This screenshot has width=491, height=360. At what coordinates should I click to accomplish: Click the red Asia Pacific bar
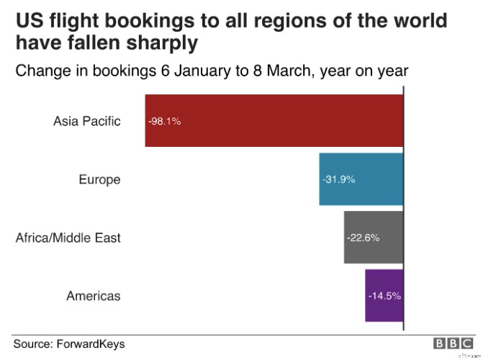point(274,120)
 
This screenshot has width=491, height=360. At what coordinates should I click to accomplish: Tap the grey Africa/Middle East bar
point(373,237)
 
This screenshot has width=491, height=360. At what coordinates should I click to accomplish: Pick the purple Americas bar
point(384,295)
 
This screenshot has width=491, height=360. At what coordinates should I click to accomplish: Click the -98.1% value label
point(165,121)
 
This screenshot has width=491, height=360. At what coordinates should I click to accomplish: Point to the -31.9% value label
point(339,179)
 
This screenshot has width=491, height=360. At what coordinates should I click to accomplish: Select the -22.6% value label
point(363,238)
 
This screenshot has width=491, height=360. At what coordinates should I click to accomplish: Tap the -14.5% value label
point(384,296)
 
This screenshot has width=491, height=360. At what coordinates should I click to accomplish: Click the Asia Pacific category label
point(87,121)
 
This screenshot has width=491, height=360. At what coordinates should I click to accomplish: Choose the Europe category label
point(99,179)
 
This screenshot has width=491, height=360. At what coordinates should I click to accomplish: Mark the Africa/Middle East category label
point(68,238)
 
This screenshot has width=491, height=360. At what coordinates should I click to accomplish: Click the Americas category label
point(94,296)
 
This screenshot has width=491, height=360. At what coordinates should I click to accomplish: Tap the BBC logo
point(453,343)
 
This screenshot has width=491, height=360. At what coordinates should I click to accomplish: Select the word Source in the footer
point(34,343)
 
